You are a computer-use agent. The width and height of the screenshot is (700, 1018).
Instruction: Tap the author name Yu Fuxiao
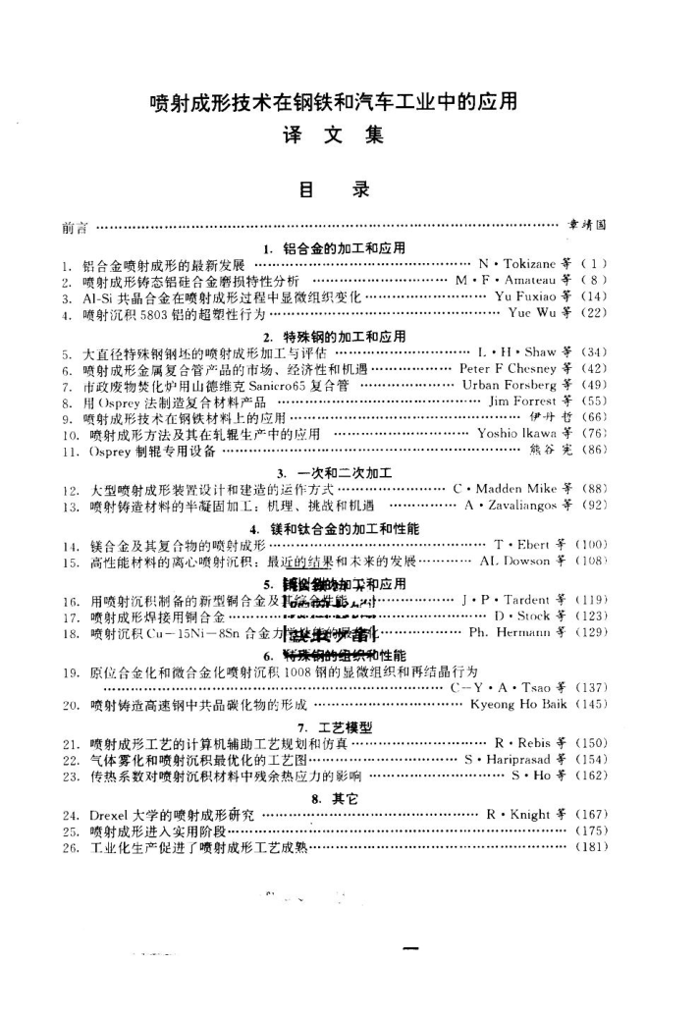[x=527, y=296]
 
